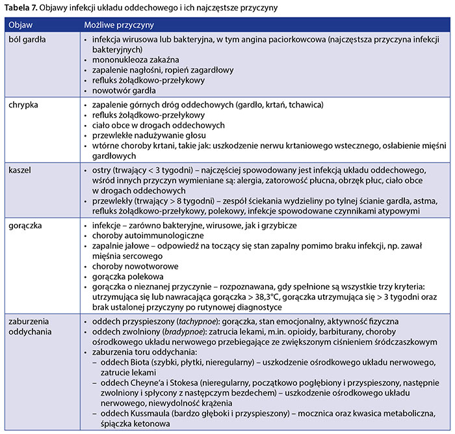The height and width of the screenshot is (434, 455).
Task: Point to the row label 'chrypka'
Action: coord(24,104)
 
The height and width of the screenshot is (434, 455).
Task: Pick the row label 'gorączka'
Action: coord(25,223)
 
